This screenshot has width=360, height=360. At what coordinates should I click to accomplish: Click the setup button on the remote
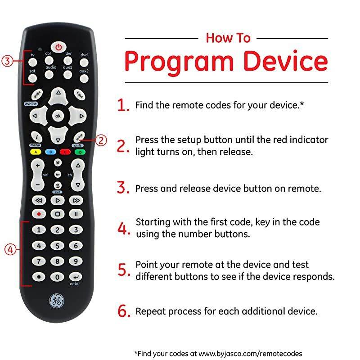tap(79, 136)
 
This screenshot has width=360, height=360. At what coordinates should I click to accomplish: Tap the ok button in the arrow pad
tap(58, 116)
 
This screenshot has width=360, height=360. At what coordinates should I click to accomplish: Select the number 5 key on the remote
tap(58, 246)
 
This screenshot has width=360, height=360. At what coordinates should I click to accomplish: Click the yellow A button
tap(35, 152)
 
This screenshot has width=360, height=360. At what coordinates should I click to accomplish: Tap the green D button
tap(80, 152)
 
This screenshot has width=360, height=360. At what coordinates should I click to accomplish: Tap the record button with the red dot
tap(39, 214)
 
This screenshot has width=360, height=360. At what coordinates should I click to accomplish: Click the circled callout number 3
tap(6, 62)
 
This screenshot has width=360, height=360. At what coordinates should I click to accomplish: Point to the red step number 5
tap(124, 270)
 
